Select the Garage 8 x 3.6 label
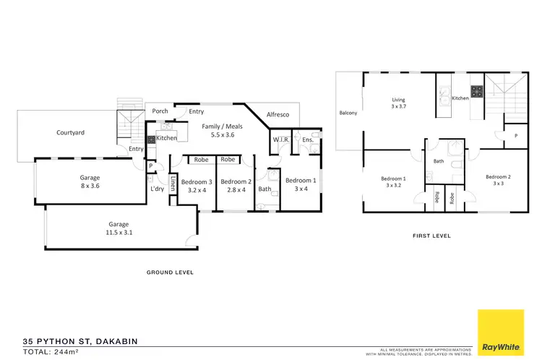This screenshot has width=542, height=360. (90, 181)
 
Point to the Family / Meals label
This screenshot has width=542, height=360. (221, 130)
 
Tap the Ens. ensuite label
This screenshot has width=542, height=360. (306, 140)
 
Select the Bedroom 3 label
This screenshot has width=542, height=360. (197, 186)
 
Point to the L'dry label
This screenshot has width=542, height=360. (157, 189)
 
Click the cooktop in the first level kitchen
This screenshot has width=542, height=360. (478, 92)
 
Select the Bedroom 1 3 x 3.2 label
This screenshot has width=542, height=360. (394, 181)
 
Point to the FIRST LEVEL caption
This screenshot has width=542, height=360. (431, 236)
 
